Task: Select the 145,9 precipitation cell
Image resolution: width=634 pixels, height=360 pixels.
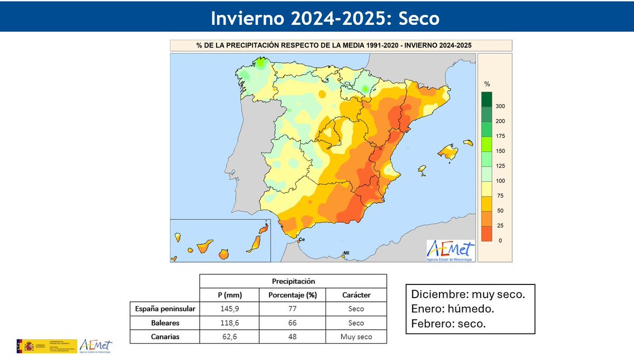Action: [229, 309]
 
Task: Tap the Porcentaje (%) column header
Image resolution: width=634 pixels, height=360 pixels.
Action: [293, 295]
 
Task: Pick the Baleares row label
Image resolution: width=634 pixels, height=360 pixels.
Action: [165, 322]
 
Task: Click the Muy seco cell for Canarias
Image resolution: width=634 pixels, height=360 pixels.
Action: [356, 336]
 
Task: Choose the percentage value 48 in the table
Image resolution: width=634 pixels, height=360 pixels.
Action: [293, 336]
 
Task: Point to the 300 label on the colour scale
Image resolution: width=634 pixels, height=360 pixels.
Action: [500, 106]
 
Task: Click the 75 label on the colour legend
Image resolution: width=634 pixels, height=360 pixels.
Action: [500, 196]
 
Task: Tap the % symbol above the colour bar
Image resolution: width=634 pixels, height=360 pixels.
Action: [487, 84]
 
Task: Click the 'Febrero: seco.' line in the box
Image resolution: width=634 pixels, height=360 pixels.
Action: [447, 323]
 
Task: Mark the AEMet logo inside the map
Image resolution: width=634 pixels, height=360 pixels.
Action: [451, 250]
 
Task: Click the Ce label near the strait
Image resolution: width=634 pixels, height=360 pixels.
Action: [302, 239]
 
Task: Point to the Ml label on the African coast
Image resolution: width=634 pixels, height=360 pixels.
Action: [347, 253]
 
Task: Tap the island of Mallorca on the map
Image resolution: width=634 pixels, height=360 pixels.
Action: [449, 152]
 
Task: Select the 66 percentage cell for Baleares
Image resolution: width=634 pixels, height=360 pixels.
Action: [293, 322]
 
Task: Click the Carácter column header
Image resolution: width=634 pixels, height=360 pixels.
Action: [356, 295]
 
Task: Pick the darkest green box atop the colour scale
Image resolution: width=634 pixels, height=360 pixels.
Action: [487, 99]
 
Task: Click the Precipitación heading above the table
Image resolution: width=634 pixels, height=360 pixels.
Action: [293, 281]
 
